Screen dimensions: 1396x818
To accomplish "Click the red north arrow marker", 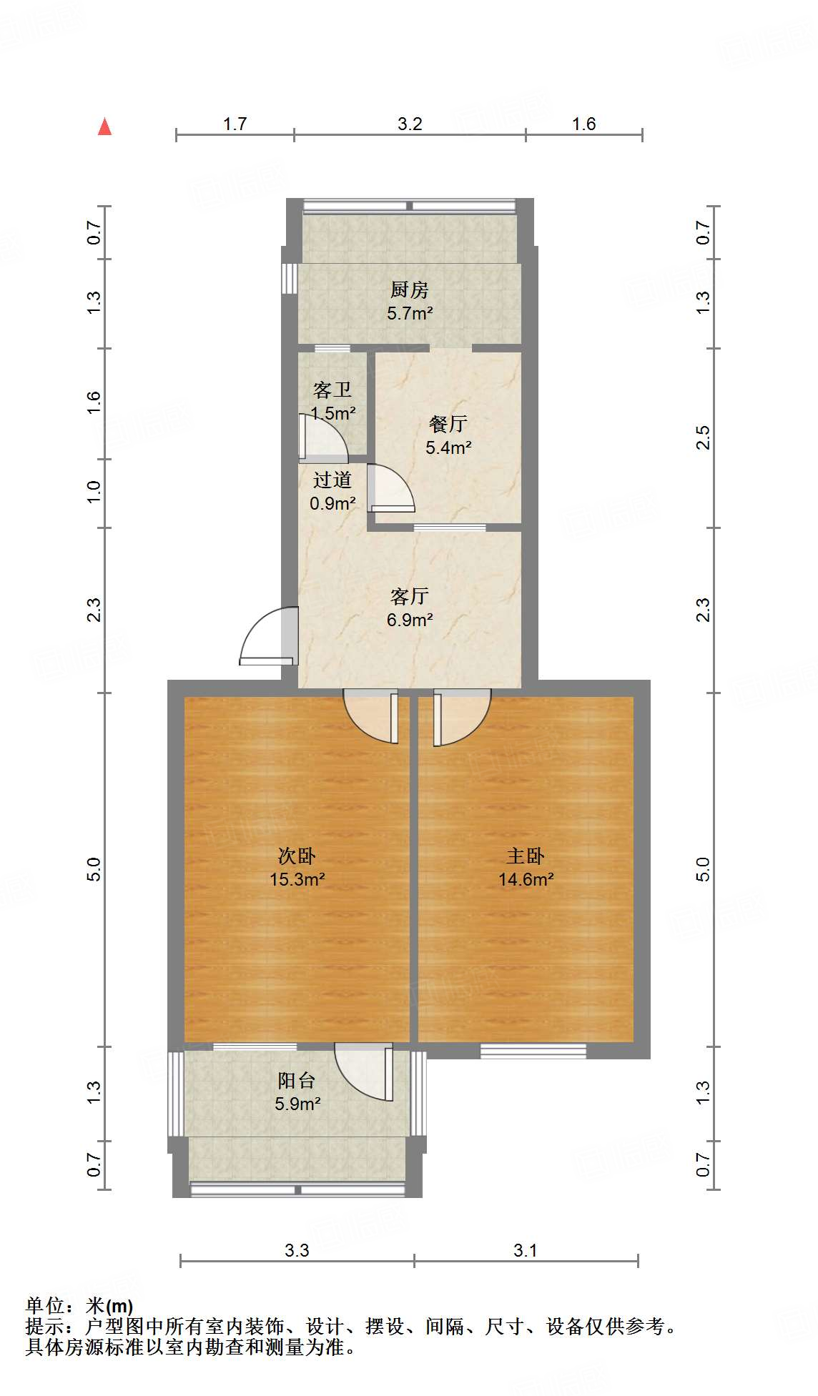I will [x=105, y=127].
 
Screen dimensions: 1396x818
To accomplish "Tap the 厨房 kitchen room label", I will [x=410, y=289].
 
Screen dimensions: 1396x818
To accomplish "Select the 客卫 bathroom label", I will [x=332, y=390].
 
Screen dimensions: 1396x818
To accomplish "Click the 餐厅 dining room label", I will [x=448, y=424].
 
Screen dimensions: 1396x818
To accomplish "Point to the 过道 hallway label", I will [x=332, y=480].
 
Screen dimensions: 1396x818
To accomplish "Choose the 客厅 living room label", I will [x=410, y=595].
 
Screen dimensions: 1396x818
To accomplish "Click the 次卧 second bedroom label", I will [x=297, y=856].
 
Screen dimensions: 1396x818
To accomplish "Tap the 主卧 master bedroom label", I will [x=526, y=856].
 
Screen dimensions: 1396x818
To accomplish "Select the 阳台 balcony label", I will [x=297, y=1080].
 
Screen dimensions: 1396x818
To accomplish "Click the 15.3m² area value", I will [x=297, y=880].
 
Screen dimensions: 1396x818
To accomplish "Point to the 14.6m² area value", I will [x=526, y=880].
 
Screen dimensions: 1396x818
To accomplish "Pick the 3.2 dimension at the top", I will [x=410, y=124].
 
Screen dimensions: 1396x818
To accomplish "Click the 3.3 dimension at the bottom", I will [x=297, y=1250].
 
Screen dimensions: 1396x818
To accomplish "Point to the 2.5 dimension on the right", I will [x=704, y=437].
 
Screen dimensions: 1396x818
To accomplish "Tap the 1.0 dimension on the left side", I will [x=94, y=492].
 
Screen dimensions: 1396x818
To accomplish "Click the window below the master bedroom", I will [x=533, y=1051].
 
